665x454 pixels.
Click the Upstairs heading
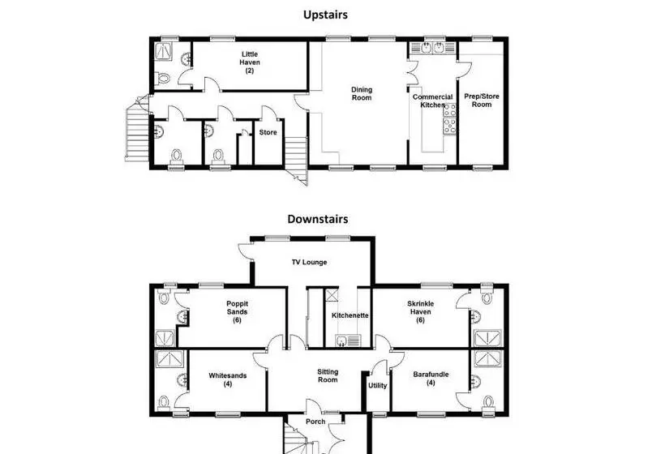(325, 15)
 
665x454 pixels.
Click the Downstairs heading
(318, 219)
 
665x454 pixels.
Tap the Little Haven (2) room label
(250, 62)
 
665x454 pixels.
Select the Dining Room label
(362, 94)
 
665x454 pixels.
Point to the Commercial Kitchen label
(432, 101)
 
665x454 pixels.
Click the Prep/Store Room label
(482, 101)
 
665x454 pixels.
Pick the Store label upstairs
(268, 132)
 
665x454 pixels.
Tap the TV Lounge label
(309, 263)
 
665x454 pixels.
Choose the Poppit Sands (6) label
(237, 311)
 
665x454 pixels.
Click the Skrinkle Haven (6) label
(420, 311)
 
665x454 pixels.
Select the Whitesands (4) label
(227, 379)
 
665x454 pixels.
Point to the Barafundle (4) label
(431, 379)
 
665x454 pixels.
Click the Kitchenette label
(350, 315)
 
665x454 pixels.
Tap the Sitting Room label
(328, 375)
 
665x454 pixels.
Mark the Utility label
(377, 385)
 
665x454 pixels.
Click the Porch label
(315, 422)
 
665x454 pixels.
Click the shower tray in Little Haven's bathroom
(163, 51)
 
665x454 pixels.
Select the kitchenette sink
(348, 340)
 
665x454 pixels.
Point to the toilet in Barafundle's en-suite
(488, 402)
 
